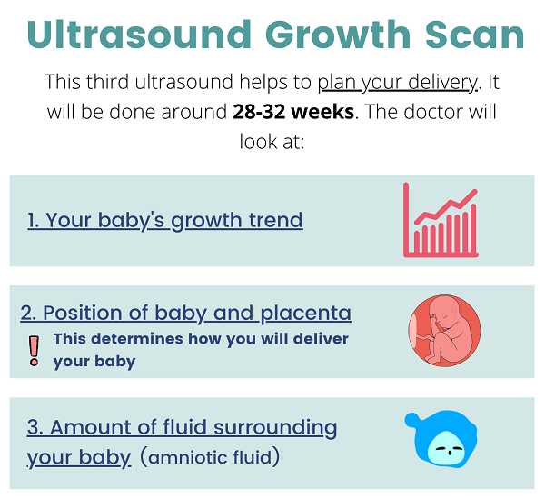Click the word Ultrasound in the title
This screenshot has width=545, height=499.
click(139, 35)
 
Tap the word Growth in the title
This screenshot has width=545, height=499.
click(338, 35)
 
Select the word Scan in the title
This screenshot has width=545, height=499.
click(475, 35)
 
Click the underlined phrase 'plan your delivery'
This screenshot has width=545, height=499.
click(398, 83)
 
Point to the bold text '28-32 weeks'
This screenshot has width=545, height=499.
click(293, 112)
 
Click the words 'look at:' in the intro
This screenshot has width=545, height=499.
click(272, 142)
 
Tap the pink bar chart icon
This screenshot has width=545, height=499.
click(441, 220)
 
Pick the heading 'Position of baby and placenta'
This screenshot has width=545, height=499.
click(185, 314)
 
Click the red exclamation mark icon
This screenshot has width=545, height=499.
click(35, 351)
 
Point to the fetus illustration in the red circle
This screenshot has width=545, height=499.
click(444, 331)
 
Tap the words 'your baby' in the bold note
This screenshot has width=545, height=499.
click(94, 362)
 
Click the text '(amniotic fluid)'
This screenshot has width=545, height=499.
click(210, 457)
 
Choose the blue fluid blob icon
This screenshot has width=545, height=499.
click(441, 439)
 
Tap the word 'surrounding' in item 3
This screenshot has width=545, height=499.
click(275, 428)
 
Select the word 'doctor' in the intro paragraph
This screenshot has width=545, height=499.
click(430, 112)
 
